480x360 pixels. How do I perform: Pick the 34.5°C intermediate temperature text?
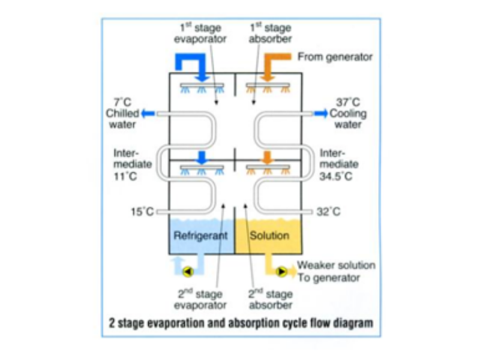tap(340, 176)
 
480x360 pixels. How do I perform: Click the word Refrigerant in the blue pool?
tap(200, 235)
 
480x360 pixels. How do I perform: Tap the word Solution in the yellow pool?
tap(269, 235)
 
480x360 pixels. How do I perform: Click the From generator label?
tap(335, 57)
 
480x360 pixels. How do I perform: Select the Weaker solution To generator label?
tap(336, 271)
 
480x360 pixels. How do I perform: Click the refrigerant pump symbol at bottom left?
tap(187, 271)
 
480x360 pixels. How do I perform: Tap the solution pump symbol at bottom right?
tap(281, 271)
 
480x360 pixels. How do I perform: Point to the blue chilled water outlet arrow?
tap(148, 113)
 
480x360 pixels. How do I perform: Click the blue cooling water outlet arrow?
tap(321, 113)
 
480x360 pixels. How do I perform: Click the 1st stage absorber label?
tap(270, 34)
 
